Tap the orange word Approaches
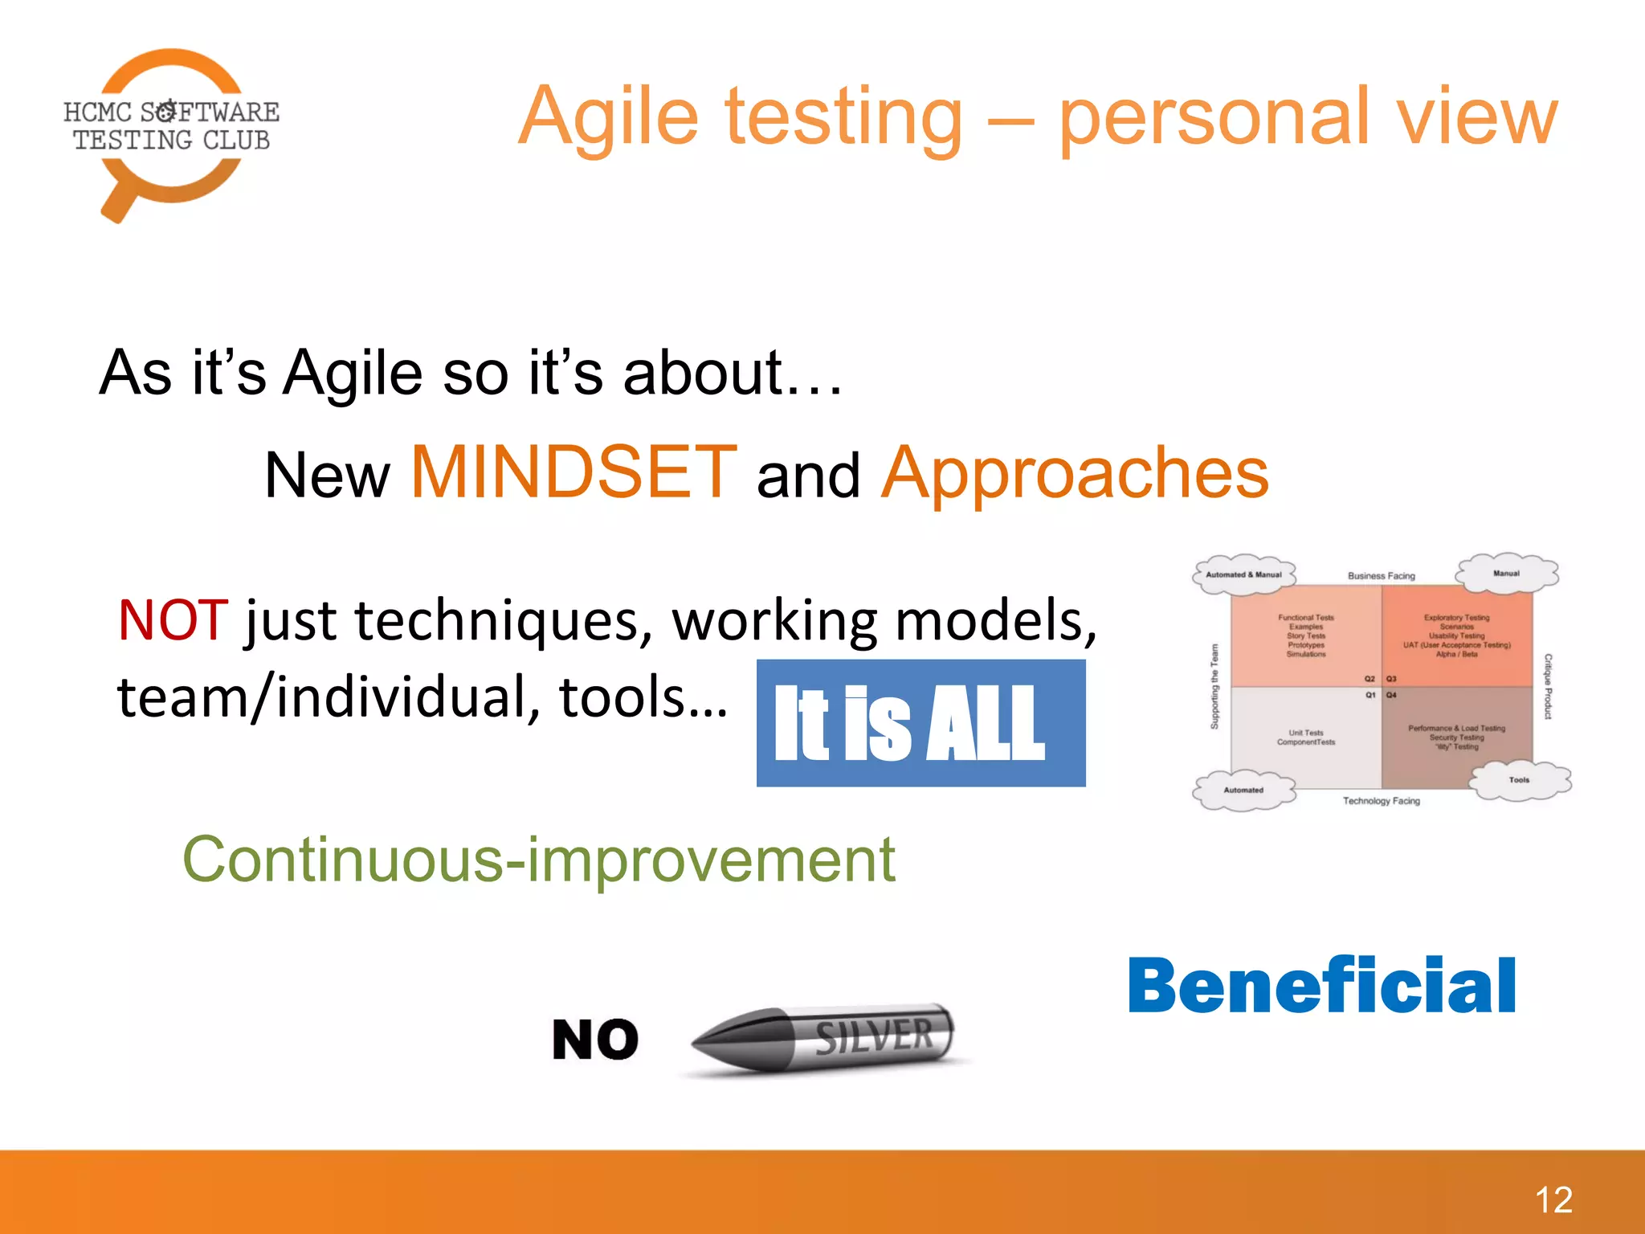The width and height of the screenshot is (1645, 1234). [1075, 474]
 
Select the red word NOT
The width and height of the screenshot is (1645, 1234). [173, 620]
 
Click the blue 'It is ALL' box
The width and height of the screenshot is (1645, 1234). [920, 723]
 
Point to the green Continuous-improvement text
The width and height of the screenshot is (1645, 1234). [539, 860]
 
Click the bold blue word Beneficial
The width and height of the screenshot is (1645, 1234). [1322, 986]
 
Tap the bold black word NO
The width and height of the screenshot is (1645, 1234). [595, 1040]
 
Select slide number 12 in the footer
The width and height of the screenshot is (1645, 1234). [1553, 1200]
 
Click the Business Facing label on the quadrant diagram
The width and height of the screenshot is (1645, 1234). [1381, 576]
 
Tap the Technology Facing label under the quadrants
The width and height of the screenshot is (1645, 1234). [1381, 801]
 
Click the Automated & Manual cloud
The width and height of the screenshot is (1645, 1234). [1243, 574]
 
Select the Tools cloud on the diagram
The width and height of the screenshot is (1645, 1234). [1519, 780]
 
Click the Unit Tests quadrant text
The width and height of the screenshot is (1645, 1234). [1306, 737]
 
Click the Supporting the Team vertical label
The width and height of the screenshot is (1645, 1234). [1214, 686]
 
